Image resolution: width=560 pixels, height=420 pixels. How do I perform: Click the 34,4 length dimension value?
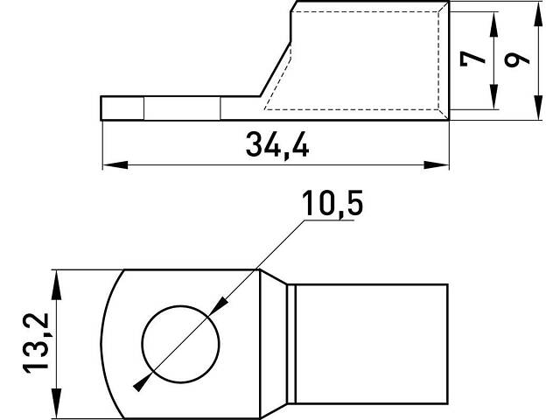[277, 145]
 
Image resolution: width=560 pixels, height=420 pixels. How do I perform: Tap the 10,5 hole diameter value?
[332, 204]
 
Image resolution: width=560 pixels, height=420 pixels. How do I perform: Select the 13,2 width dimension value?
[36, 343]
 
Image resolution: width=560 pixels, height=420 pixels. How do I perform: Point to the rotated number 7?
[472, 59]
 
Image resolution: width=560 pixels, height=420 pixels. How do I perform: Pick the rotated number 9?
[516, 59]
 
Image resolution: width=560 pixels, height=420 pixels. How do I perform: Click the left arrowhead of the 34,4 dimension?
[115, 165]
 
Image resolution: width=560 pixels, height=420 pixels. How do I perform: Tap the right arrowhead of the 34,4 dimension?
[436, 165]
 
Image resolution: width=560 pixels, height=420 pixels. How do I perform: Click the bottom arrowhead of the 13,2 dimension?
[56, 403]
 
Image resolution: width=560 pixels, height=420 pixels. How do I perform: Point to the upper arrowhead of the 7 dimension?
[493, 24]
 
